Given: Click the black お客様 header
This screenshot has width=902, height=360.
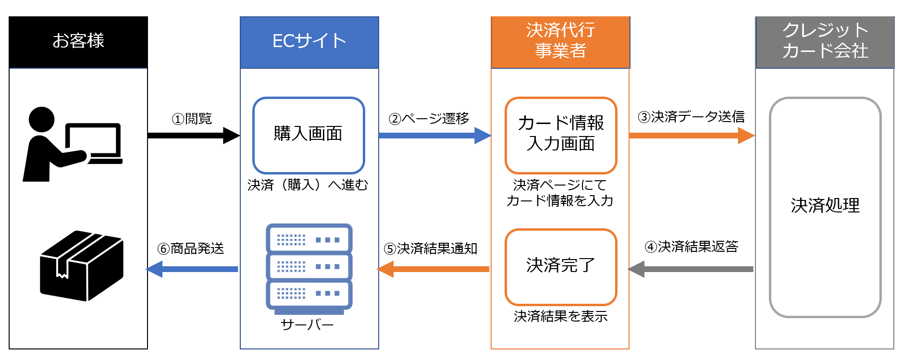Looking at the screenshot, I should tap(78, 42).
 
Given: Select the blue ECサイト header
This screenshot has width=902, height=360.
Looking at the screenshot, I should tap(309, 42).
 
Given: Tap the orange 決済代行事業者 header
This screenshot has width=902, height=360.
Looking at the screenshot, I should tap(560, 42).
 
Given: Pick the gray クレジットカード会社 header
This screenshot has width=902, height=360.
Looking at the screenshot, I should tap(825, 42).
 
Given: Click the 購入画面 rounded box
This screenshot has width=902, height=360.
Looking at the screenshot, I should tap(309, 135).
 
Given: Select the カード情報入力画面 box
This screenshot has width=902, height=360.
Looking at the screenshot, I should tap(561, 135).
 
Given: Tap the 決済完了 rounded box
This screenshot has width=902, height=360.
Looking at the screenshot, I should tap(561, 266).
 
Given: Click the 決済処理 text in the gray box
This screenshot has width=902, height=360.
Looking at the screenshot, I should tap(825, 206).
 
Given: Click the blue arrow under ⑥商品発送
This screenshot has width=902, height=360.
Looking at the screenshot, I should tap(192, 269).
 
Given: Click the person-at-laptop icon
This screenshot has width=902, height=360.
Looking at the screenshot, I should tap(72, 144).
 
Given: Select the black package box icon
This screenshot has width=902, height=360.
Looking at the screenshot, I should tap(82, 266).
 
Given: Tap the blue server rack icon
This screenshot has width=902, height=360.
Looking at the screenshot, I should tap(309, 268).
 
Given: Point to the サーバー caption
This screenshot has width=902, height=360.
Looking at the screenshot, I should tap(307, 325).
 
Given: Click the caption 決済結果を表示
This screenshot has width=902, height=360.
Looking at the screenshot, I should tap(560, 316).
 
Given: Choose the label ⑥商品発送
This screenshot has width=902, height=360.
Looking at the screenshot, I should tap(191, 248).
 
